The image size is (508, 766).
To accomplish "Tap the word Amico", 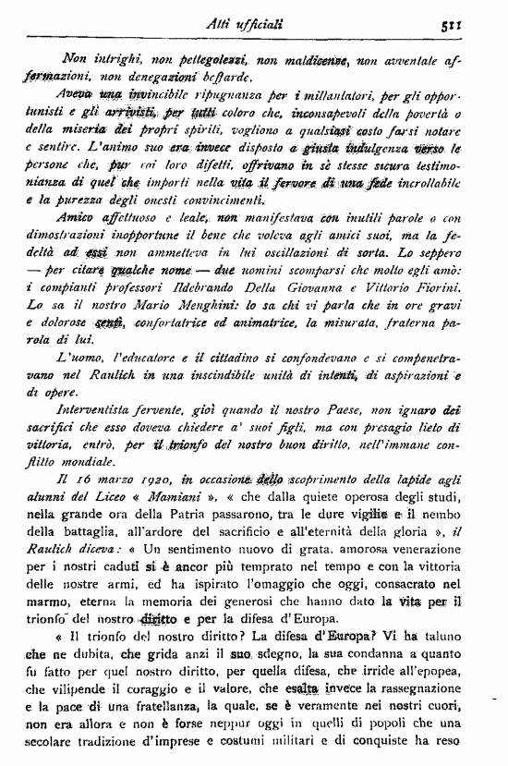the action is (x=74, y=215).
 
